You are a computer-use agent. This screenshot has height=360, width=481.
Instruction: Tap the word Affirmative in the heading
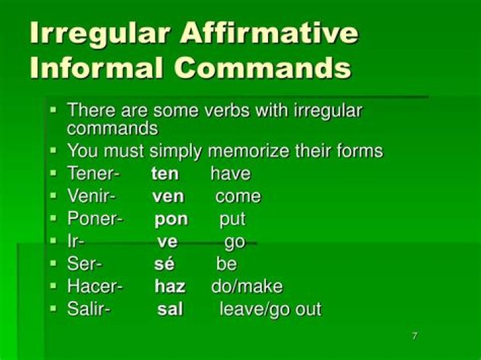(269, 32)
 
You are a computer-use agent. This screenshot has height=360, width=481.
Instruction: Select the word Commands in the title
(263, 67)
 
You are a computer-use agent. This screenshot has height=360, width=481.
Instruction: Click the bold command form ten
(165, 174)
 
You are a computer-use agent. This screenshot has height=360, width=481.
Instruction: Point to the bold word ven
(168, 196)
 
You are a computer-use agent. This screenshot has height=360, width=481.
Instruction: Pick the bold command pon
(171, 220)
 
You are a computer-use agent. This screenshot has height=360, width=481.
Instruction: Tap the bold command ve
(168, 242)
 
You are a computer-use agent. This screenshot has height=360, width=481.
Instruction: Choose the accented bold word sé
(164, 264)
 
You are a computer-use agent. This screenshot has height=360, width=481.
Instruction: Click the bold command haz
(170, 287)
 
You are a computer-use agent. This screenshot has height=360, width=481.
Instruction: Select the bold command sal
(170, 309)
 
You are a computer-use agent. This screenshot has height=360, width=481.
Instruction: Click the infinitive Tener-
(94, 173)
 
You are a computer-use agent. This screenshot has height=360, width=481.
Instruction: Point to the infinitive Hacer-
(95, 286)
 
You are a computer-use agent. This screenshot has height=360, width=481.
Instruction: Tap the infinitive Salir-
(89, 309)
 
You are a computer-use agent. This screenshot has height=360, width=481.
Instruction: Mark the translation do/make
(247, 287)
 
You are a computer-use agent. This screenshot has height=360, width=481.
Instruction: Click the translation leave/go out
(271, 309)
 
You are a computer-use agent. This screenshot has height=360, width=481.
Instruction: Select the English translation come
(238, 196)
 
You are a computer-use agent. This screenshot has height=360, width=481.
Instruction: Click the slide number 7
(414, 336)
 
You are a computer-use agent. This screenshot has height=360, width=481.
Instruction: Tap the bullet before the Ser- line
(53, 262)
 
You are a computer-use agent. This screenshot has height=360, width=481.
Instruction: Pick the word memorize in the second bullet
(249, 151)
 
